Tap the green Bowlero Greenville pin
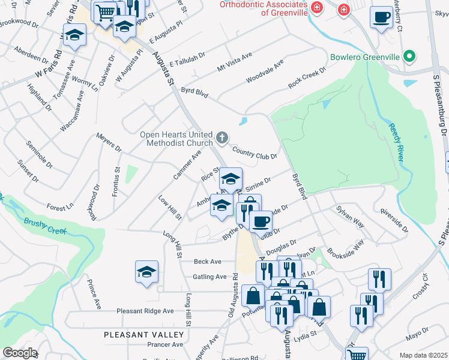point(410,57)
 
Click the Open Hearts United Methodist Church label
point(176,139)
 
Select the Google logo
point(19,353)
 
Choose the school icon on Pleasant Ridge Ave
point(146,272)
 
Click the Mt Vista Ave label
point(235,61)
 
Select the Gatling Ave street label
point(209,277)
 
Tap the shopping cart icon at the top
point(105,11)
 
